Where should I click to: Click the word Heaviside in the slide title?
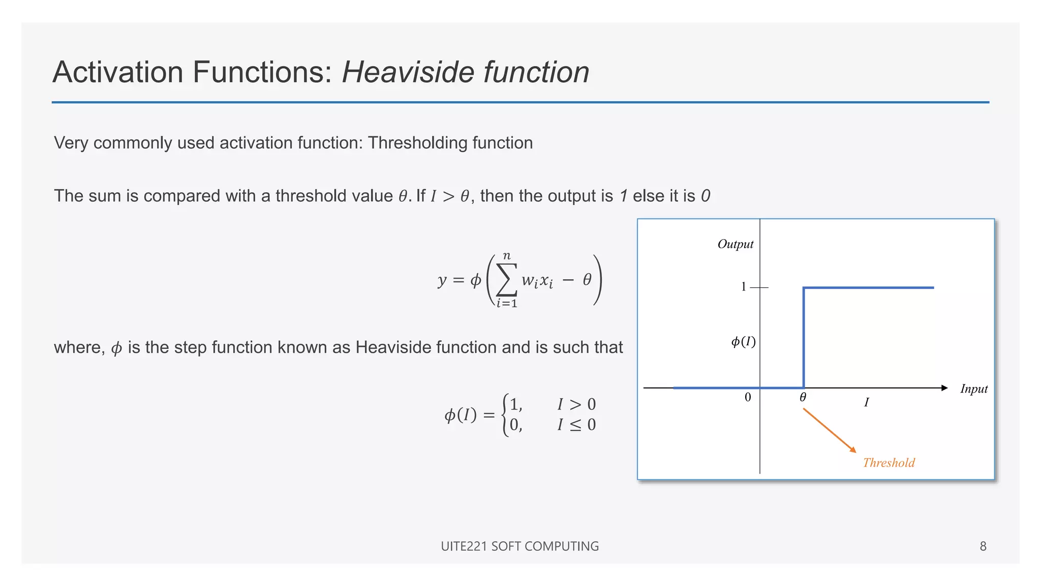(409, 72)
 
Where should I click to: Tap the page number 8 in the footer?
(983, 546)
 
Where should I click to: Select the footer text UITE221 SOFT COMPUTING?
(519, 546)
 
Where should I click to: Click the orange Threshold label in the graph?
(889, 463)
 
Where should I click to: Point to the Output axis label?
(735, 244)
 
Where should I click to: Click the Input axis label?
(973, 389)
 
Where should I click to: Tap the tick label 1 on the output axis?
(744, 287)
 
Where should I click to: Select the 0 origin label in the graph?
(748, 397)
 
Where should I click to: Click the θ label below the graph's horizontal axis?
(803, 397)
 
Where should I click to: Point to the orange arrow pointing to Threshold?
(830, 430)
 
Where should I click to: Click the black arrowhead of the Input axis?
(944, 388)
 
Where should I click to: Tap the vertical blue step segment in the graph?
(804, 338)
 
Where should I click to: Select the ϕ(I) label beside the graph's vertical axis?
(743, 341)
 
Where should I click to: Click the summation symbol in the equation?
(507, 280)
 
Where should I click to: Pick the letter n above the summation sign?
(507, 256)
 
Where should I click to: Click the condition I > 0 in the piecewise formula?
(576, 404)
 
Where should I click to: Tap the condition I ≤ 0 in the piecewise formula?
(576, 425)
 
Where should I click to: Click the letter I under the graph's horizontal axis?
(866, 402)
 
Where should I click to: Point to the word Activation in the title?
(117, 72)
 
